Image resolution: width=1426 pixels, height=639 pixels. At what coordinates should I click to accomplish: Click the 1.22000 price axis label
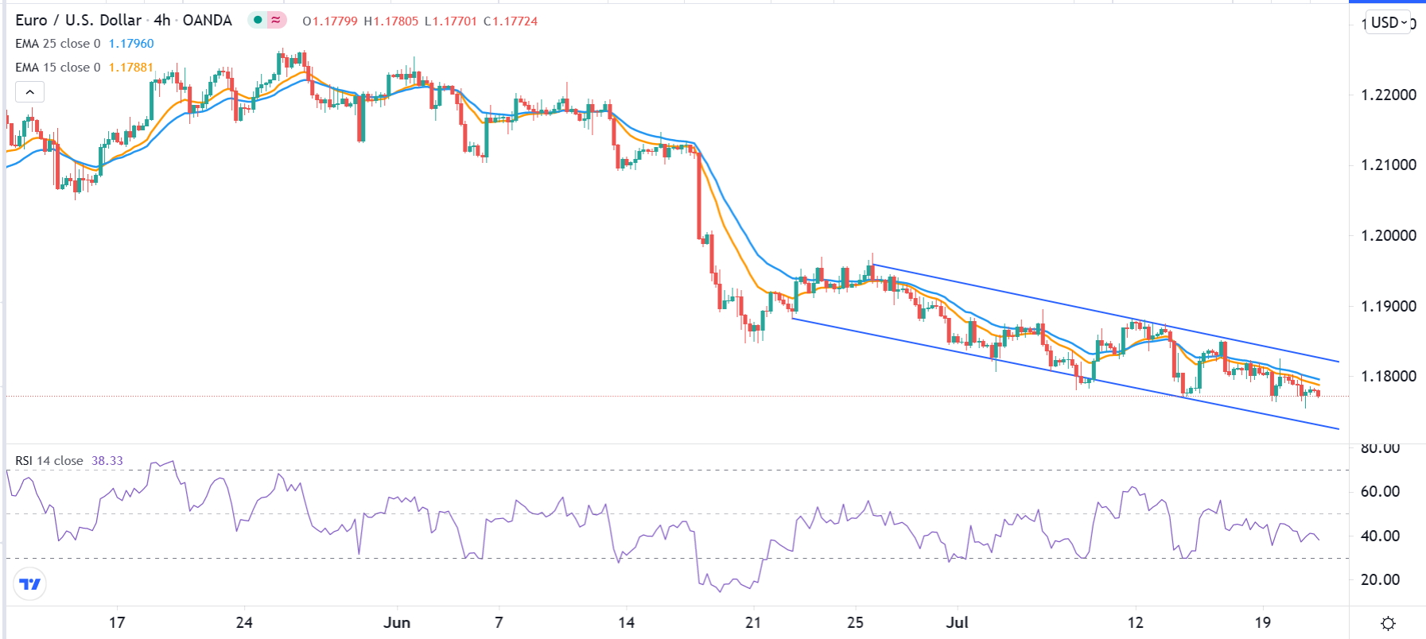(1389, 95)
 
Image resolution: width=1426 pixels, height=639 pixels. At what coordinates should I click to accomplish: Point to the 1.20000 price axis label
(1389, 235)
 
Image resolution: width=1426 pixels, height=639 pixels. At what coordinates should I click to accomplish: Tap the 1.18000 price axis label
(1389, 376)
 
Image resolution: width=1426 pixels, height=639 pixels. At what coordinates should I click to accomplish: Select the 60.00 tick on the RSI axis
(1380, 491)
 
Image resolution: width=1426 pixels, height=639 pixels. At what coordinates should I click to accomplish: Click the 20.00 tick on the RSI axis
(1380, 579)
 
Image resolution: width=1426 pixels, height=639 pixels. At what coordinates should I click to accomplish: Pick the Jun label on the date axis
(396, 622)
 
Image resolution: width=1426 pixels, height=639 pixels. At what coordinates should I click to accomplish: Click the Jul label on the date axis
(957, 622)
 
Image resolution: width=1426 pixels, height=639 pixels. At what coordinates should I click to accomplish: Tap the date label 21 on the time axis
(753, 622)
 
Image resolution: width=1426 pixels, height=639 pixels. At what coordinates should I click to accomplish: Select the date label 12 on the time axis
(1135, 622)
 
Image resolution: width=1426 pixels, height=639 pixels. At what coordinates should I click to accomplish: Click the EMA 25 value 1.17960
(131, 44)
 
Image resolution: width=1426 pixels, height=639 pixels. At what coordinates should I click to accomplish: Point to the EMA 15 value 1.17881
(131, 68)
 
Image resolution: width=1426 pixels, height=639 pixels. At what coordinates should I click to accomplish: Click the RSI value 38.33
(107, 461)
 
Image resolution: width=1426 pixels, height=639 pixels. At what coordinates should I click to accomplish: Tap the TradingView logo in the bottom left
(30, 584)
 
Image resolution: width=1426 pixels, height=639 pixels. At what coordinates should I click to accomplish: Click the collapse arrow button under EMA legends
(29, 92)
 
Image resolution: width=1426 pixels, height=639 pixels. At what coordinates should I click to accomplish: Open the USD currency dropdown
(1389, 22)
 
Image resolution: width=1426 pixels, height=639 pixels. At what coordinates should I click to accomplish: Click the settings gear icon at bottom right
(1388, 623)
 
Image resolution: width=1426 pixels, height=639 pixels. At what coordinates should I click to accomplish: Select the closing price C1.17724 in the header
(511, 21)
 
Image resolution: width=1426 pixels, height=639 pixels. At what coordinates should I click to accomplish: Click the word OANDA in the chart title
(208, 21)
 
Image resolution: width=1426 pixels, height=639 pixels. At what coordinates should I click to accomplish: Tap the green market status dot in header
(258, 20)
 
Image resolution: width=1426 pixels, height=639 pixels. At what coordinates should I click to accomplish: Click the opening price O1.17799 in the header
(330, 21)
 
